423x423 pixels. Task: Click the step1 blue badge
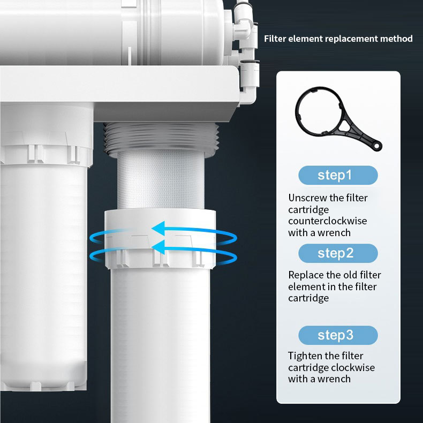[x=338, y=175]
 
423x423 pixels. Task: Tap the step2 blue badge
[x=338, y=253]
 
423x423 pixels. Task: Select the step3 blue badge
[x=338, y=335]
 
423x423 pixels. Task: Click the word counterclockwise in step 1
[x=328, y=221]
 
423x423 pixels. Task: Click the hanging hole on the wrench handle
[x=376, y=146]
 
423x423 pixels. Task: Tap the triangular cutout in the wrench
[x=344, y=125]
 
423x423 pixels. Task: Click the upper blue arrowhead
[x=158, y=229]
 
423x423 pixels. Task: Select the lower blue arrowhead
[x=158, y=247]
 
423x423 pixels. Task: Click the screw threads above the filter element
[x=161, y=139]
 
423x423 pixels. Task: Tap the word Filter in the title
[x=275, y=39]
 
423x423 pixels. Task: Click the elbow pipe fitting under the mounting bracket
[x=248, y=96]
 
